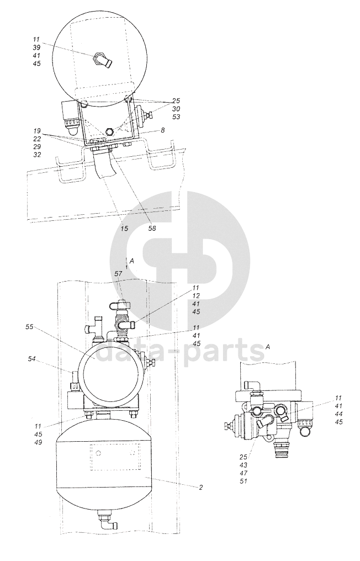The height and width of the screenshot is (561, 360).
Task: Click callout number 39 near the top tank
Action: [x=36, y=47]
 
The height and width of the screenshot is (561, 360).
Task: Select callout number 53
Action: [x=176, y=117]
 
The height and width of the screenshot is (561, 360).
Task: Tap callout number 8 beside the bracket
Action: [x=162, y=131]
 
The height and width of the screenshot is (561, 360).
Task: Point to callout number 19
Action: [x=38, y=131]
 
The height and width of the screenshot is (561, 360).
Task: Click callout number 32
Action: [x=38, y=155]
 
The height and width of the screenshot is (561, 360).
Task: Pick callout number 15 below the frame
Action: [x=124, y=229]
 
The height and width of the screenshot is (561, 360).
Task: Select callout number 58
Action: [x=152, y=229]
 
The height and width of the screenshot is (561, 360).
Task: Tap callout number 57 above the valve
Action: [x=119, y=274]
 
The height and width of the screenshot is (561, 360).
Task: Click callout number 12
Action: [x=196, y=296]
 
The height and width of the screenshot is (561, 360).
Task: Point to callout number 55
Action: [x=29, y=327]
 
